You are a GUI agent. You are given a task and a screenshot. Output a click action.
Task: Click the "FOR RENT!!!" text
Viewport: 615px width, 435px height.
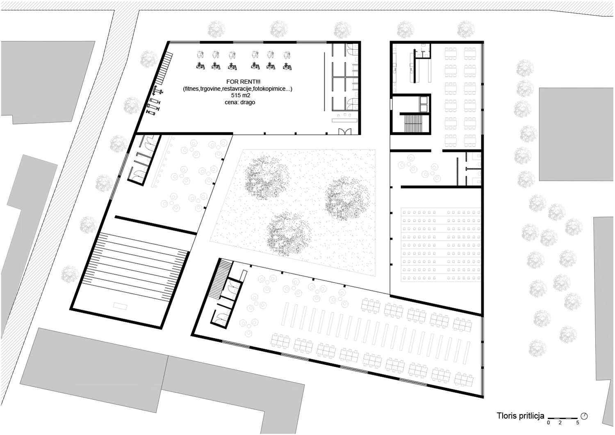[243, 82]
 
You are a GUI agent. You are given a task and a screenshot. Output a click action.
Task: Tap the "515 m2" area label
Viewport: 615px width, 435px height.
[241, 95]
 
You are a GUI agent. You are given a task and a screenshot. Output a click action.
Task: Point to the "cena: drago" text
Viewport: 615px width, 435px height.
[240, 102]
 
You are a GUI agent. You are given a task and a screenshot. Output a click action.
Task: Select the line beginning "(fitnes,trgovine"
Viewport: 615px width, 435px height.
[238, 89]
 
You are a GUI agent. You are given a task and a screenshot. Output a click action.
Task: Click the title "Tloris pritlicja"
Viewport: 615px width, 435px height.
[520, 416]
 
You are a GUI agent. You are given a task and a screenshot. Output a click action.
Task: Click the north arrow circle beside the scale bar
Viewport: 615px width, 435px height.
[584, 416]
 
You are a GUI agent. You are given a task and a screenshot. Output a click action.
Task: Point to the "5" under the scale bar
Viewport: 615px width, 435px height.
[577, 423]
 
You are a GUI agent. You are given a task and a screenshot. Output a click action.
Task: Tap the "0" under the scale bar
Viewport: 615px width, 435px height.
[548, 423]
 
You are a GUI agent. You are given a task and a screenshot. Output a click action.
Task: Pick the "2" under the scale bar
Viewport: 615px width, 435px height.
[560, 423]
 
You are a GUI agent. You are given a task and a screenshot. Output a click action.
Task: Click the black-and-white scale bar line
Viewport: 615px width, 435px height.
[563, 418]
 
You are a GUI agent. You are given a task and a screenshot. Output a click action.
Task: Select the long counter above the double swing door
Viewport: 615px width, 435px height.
[344, 120]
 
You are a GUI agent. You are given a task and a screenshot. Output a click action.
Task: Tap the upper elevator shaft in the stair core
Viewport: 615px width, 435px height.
[424, 100]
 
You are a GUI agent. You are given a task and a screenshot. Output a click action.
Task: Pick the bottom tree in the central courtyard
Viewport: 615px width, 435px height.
[289, 234]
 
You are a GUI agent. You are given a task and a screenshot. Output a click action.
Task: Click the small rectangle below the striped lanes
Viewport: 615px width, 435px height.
[120, 306]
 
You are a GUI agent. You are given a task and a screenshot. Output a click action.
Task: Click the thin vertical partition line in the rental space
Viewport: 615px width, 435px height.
[325, 81]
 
